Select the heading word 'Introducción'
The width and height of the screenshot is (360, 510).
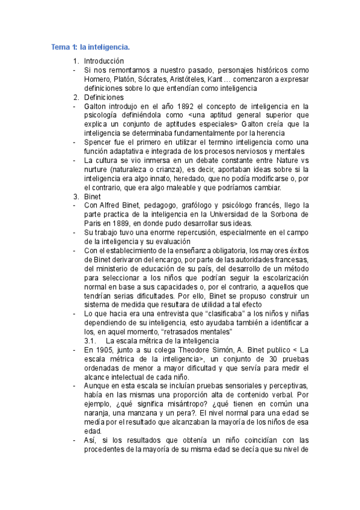(x=104, y=61)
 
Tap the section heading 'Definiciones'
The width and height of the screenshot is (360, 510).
(x=104, y=97)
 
